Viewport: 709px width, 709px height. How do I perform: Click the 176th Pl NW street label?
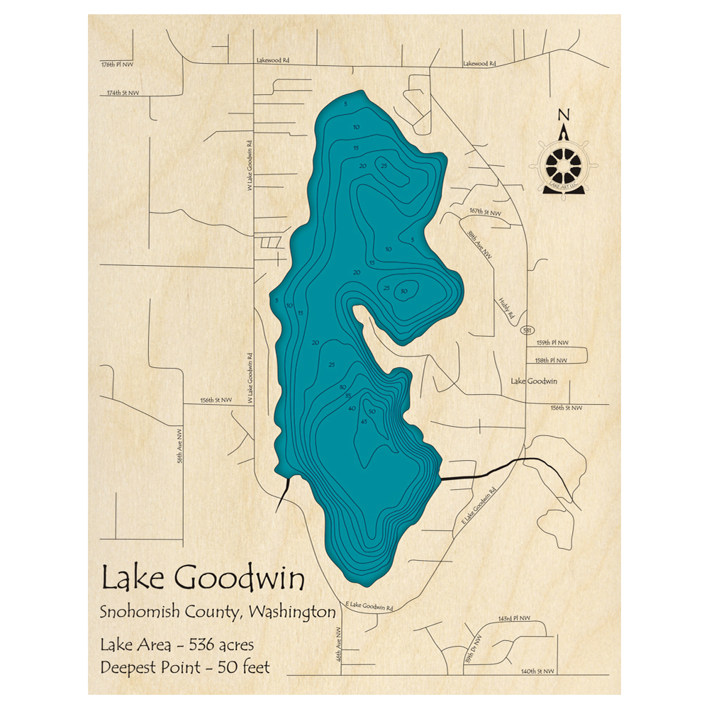(x=117, y=65)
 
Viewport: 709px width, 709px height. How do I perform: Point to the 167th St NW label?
(x=485, y=212)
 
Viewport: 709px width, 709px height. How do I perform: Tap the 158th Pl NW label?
(x=552, y=360)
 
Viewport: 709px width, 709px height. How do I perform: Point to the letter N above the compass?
(x=563, y=116)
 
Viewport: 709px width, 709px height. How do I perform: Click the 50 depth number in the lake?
(x=372, y=412)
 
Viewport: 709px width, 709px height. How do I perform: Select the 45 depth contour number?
(x=364, y=423)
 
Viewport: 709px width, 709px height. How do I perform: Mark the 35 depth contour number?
(x=349, y=396)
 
